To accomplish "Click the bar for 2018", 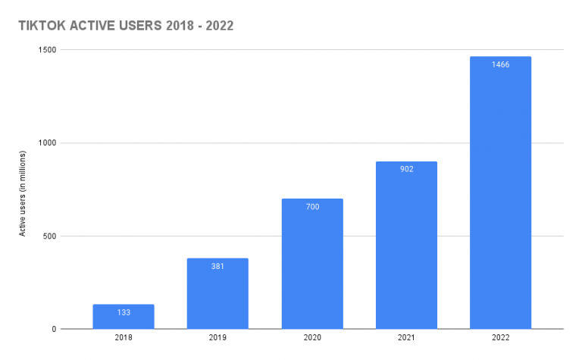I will [124, 317].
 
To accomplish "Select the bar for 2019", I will [217, 296].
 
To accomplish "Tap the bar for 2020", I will [311, 265].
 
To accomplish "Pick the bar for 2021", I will [406, 246].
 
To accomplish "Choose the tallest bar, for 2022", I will [500, 197].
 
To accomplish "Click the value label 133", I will [124, 312].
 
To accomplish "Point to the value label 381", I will [217, 266].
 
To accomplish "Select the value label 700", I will [311, 206].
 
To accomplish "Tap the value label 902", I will [406, 169].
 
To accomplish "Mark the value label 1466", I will [500, 64].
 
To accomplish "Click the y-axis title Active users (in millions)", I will [23, 189].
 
